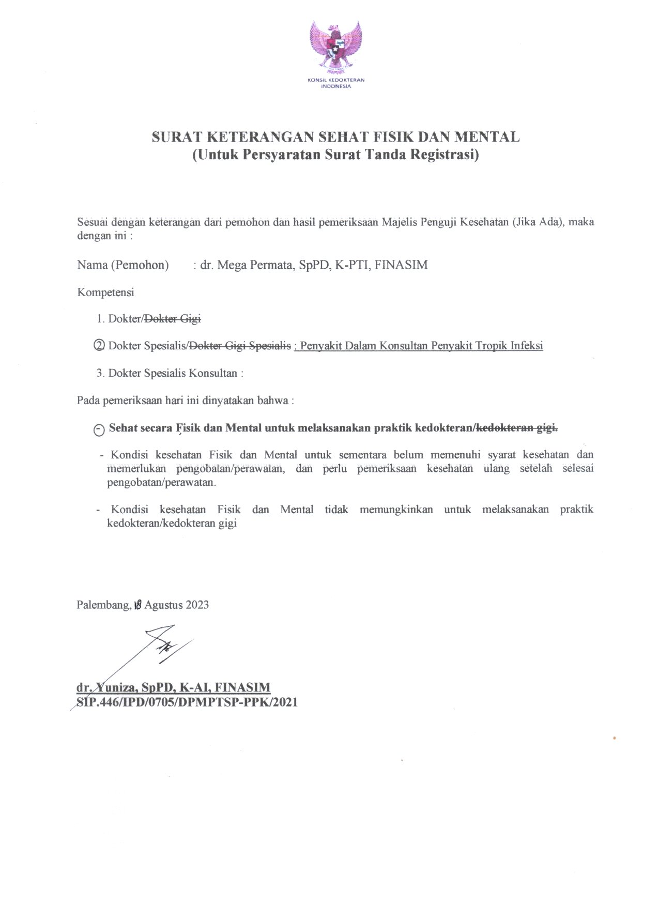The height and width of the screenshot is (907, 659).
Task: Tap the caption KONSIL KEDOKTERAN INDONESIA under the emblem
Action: (336, 83)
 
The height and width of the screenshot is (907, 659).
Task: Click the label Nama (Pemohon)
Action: (123, 265)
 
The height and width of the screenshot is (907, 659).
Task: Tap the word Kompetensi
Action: (105, 293)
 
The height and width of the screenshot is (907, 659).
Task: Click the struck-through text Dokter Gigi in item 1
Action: (173, 319)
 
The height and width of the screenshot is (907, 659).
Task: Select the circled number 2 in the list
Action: (100, 346)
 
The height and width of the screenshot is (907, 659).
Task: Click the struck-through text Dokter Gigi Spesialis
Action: (241, 346)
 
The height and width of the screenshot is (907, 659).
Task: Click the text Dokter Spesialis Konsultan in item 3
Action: (173, 373)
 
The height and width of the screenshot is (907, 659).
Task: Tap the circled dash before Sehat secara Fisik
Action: (99, 429)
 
